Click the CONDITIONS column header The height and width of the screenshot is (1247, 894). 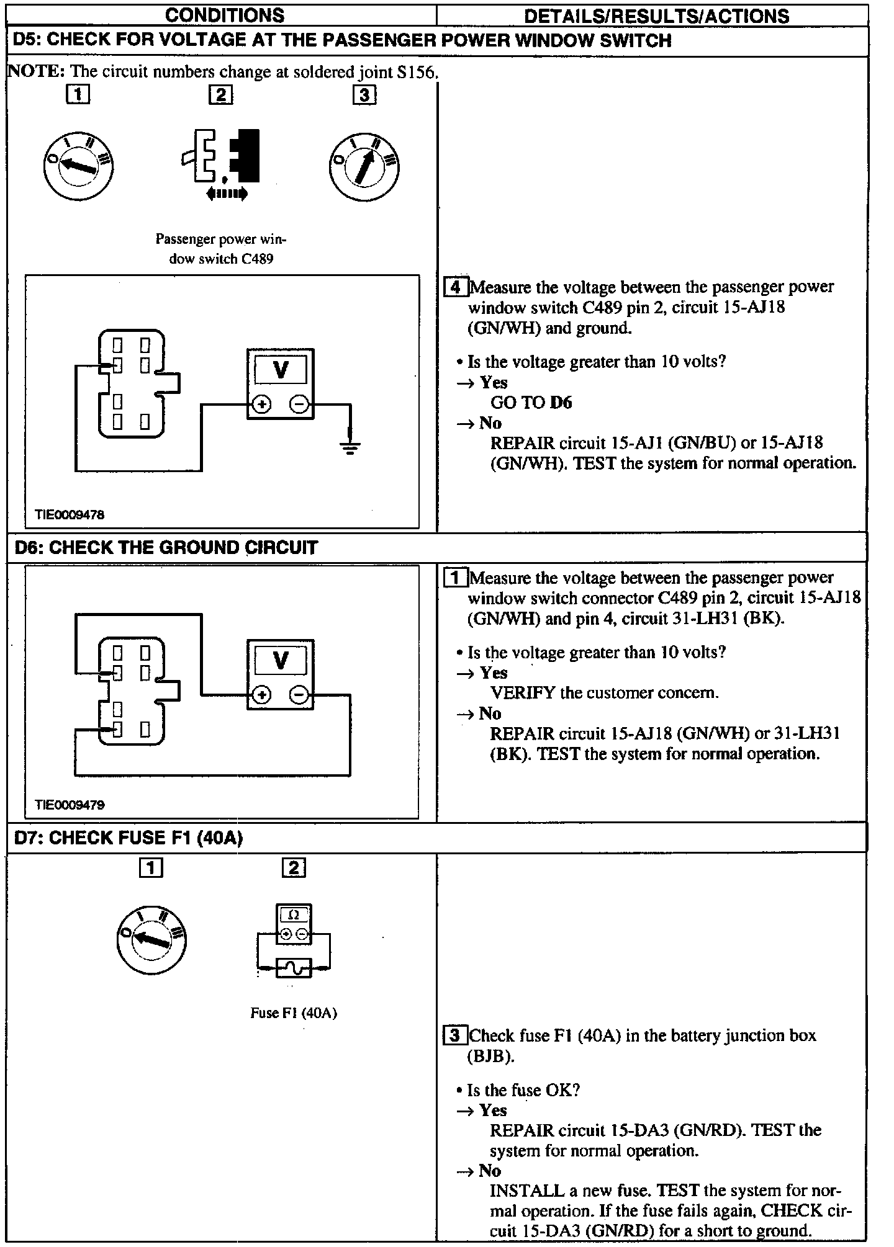(225, 15)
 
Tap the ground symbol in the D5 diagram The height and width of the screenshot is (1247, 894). (350, 447)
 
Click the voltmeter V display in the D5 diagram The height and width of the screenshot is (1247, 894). (281, 370)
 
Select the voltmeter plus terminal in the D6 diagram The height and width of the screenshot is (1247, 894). (262, 695)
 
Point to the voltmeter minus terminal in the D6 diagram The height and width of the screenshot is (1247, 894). (300, 695)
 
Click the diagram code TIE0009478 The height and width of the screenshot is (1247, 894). (70, 514)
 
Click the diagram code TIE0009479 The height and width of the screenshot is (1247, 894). (70, 805)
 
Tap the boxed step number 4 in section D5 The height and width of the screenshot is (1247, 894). (456, 287)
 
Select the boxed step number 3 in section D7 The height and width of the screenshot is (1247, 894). (455, 1035)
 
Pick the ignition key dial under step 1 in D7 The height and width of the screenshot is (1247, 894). (151, 941)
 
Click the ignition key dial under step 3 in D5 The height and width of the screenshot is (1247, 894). (364, 167)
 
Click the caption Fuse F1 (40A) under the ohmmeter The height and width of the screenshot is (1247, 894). (293, 1013)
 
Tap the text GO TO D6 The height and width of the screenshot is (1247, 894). (531, 403)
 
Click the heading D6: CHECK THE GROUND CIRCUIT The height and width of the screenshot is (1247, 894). (166, 547)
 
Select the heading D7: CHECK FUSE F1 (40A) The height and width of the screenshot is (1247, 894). (129, 838)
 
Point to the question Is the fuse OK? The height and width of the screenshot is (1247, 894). (523, 1090)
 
